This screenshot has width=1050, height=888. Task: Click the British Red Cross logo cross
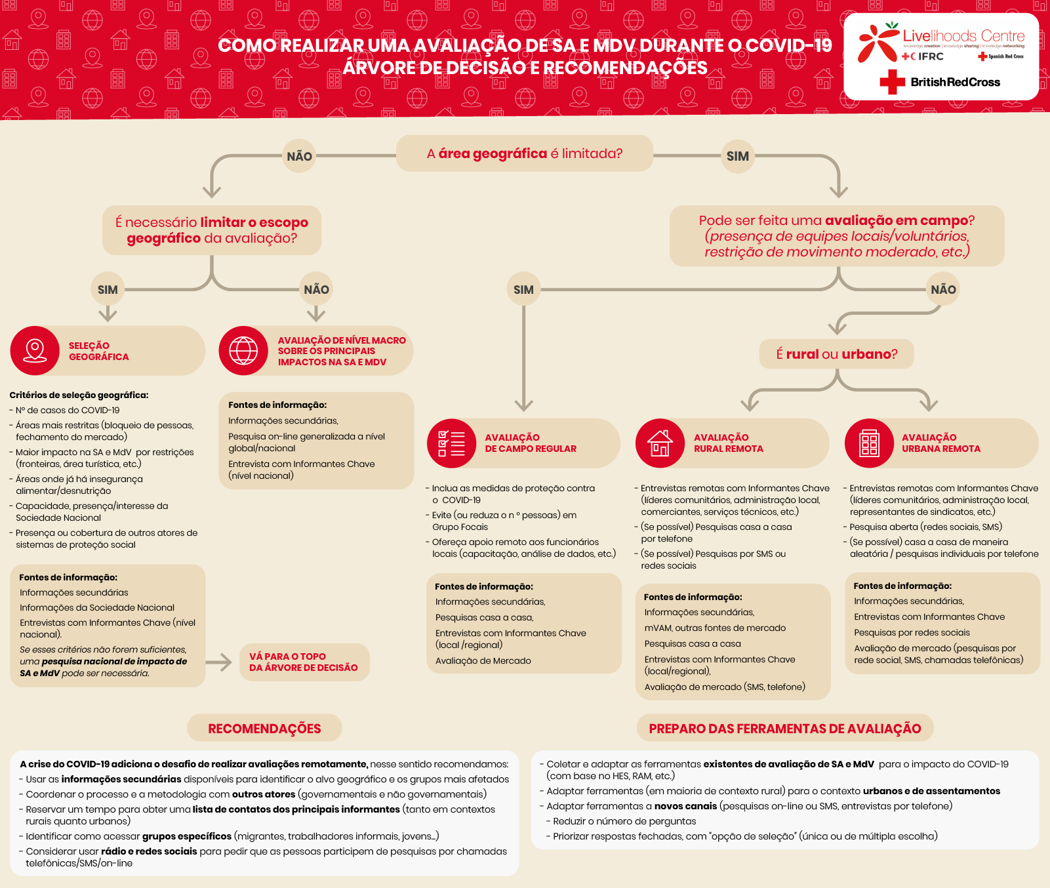892,83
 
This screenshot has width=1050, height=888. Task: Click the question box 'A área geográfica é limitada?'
525,153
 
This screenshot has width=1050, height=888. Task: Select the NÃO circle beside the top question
299,156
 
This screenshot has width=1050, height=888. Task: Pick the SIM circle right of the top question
737,156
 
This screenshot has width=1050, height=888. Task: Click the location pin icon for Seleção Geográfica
35,350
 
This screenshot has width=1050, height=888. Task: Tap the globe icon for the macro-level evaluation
243,350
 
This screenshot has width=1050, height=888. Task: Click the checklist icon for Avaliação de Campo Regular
451,443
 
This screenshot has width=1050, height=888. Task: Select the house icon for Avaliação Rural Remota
660,443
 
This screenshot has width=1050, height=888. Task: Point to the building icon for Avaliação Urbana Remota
869,443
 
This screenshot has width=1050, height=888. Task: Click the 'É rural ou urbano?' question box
836,354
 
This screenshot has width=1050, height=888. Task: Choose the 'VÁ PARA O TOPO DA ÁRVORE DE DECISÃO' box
304,662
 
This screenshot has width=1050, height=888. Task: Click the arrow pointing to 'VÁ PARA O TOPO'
220,662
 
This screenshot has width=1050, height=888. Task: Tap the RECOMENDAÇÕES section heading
264,729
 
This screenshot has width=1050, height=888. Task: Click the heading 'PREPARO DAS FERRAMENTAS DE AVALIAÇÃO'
784,729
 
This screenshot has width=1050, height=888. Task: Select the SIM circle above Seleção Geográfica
108,289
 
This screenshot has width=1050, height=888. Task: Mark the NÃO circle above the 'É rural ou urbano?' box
943,289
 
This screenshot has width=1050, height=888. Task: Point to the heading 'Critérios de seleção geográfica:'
79,395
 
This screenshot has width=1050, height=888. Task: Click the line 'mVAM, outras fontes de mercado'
715,628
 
